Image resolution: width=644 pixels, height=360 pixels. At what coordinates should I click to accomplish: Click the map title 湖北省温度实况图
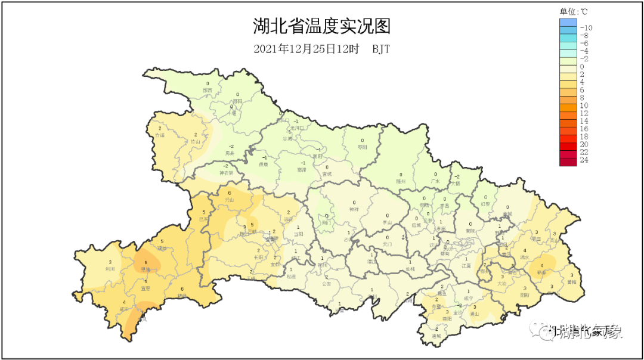coord(321,27)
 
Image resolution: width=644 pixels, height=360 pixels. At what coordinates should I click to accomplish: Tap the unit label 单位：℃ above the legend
coord(574,11)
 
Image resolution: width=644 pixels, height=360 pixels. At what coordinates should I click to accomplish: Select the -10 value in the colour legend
coord(586,27)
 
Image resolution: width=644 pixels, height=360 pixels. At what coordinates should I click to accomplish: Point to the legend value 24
coord(584,160)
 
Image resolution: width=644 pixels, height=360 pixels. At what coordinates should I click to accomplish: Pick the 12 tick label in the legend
coord(584,113)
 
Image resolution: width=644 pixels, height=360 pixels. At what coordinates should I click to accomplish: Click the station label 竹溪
coord(159,135)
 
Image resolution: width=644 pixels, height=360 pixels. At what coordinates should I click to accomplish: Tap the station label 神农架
coord(226,173)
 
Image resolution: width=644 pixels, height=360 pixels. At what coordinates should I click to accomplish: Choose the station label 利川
coord(110,269)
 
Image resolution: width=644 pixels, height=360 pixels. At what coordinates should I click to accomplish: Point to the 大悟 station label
coord(456,184)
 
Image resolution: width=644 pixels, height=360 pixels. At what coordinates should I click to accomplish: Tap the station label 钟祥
coord(354,210)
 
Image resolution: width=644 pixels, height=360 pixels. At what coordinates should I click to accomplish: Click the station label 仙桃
coord(410,269)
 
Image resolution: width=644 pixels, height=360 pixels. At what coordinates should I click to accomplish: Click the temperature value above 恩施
coord(145,262)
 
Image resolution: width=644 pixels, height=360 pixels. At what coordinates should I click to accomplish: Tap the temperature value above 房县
coord(231,147)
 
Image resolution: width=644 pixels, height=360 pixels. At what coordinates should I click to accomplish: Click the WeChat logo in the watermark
coord(544,331)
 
